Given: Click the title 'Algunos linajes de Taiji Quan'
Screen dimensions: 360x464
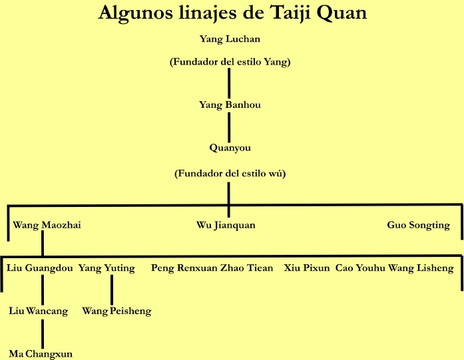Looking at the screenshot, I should click(232, 13).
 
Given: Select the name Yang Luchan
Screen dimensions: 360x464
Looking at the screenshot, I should click(230, 39).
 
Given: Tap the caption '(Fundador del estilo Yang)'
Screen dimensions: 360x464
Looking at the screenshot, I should click(230, 62).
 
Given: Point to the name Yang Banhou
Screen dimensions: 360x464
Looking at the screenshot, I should click(230, 105).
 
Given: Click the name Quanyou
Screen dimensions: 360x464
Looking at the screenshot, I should click(230, 148).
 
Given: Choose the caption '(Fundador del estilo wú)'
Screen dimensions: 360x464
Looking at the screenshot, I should click(230, 174).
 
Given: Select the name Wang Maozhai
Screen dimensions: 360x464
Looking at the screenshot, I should click(47, 226).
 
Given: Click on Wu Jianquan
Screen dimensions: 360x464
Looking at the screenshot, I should click(226, 226).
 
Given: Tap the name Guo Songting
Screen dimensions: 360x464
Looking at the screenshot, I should click(418, 226).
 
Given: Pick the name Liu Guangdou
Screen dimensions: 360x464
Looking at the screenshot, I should click(39, 268).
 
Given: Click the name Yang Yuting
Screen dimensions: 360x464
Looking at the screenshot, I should click(107, 268).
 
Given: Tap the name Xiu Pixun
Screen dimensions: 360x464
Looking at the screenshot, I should click(307, 268).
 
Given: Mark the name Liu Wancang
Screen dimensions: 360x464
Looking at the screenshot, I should click(39, 311).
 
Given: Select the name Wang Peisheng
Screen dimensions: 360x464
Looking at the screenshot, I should click(116, 311).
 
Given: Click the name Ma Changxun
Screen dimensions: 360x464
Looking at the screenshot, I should click(41, 354).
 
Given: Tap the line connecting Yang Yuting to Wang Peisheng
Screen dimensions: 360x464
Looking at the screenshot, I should click(111, 289).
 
